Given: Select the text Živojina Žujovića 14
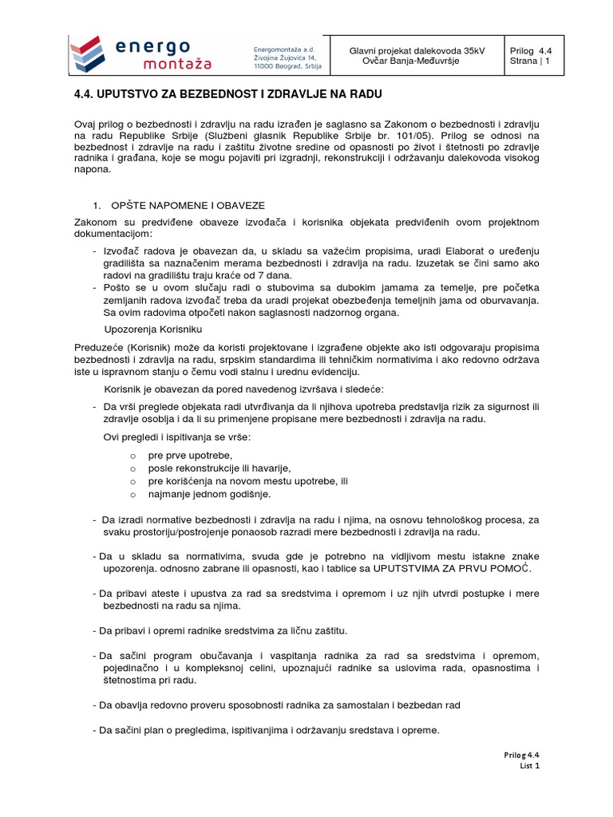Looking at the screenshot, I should coord(288,58).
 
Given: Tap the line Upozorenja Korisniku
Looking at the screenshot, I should coord(155,329).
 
